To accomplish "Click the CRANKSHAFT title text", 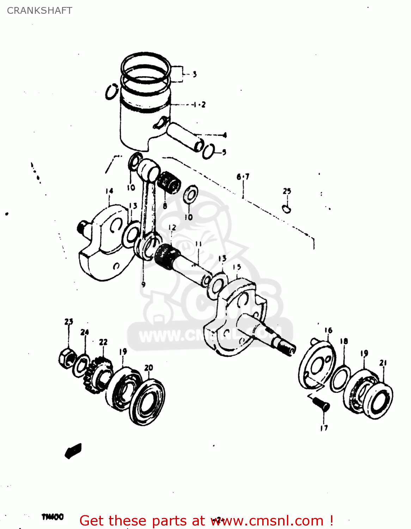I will tap(39, 11).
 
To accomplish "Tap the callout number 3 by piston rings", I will tap(195, 74).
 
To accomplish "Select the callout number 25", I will tap(287, 191).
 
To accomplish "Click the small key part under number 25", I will tap(287, 209).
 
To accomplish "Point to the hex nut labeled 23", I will tap(67, 359).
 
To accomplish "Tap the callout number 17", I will tap(324, 428).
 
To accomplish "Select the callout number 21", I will tap(383, 363).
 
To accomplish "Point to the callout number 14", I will tap(109, 191).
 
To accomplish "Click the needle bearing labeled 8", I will tap(168, 182).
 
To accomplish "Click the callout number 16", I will tap(328, 330).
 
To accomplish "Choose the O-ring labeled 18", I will tap(340, 379).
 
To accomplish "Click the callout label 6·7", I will tap(243, 177).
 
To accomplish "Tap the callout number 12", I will tap(172, 228).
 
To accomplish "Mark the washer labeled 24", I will tap(81, 366).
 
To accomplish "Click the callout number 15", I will tap(237, 267).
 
